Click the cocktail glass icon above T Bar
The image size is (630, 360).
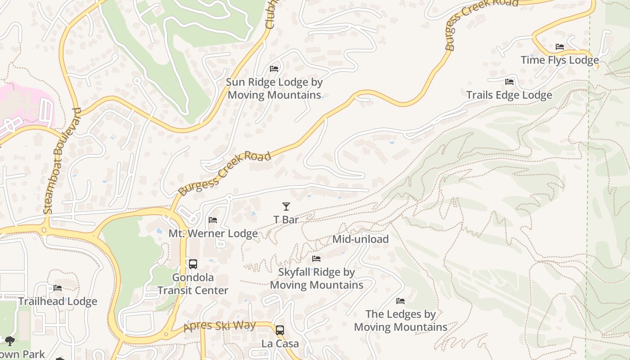[x=286, y=207]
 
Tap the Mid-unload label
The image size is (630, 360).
[x=360, y=239]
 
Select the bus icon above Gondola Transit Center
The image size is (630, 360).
[x=193, y=264]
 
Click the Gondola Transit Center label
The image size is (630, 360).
[x=193, y=284]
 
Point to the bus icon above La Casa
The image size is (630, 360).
[x=280, y=330]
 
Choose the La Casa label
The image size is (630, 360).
[x=280, y=344]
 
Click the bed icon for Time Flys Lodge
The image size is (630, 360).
[x=559, y=47]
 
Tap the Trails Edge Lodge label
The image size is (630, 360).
[x=509, y=95]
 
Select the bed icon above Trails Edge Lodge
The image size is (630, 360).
[x=509, y=82]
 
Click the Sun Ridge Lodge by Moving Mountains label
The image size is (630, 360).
[x=274, y=89]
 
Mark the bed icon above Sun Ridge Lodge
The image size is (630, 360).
[x=274, y=69]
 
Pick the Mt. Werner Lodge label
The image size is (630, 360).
[x=213, y=234]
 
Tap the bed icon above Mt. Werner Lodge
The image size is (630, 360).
[x=213, y=220]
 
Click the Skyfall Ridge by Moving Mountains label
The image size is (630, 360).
[x=316, y=279]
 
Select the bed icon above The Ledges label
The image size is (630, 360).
[x=400, y=301]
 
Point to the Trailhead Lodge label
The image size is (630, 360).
[x=58, y=301]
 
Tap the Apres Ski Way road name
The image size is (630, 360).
[x=220, y=326]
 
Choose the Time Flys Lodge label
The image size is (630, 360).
[x=559, y=60]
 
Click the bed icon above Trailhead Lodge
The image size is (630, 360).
[x=58, y=288]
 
